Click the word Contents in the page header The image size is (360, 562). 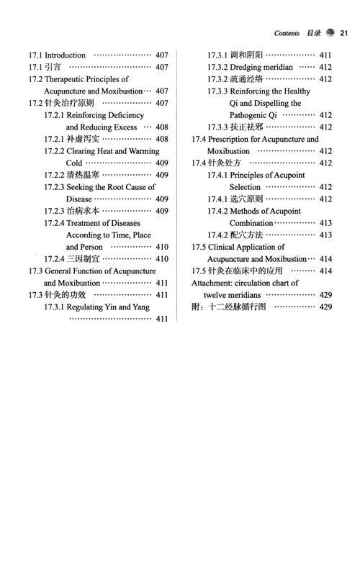pos(287,33)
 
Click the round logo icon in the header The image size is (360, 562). pos(330,33)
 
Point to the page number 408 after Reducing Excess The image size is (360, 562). pos(162,127)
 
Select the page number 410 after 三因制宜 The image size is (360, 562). pos(162,259)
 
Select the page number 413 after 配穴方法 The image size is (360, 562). pos(325,235)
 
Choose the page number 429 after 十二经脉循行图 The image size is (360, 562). pos(325,307)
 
